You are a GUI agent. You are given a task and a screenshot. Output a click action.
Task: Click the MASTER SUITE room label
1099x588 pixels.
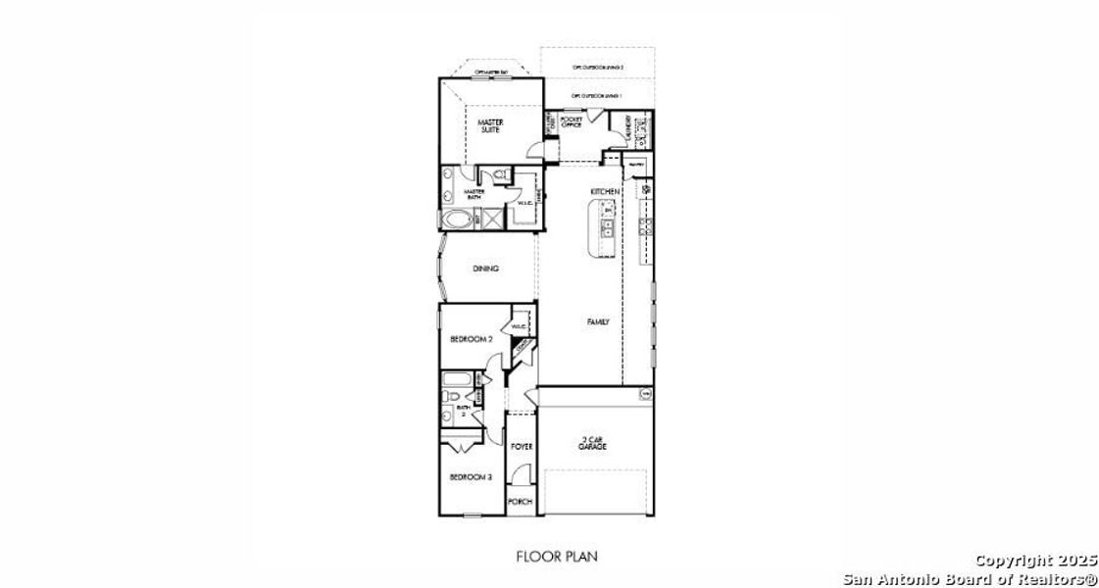pos(490,125)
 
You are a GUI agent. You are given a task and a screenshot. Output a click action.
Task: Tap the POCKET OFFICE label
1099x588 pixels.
pos(572,122)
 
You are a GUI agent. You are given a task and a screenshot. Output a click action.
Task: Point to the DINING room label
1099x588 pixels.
pos(486,269)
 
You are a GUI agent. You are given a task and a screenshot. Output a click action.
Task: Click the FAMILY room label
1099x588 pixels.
pos(598,321)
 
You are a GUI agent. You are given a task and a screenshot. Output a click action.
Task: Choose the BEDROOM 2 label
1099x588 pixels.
pos(471,339)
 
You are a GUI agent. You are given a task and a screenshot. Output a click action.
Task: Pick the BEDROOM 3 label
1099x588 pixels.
pos(471,477)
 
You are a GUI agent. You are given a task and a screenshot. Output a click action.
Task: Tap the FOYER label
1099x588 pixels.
pos(522,446)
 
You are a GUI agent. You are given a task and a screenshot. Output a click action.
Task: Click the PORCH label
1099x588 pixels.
pos(521,502)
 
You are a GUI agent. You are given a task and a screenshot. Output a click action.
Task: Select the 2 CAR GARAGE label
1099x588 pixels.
pos(592,443)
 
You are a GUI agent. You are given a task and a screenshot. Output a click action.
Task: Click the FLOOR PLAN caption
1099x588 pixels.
pos(556,557)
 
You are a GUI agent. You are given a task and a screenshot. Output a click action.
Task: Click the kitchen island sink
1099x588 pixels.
pos(608,229)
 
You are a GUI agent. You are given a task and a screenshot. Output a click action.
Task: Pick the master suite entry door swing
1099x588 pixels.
pos(535,148)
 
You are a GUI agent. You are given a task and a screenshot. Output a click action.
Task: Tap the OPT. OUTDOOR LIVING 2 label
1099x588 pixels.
pos(598,67)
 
